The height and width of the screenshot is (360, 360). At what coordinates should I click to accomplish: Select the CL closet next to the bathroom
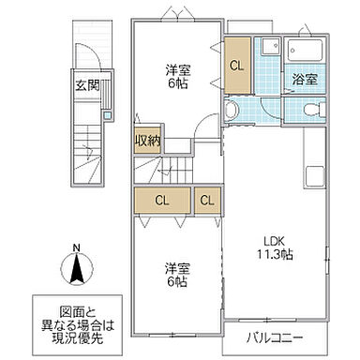(x=238, y=65)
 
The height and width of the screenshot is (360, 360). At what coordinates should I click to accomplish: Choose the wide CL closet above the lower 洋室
(x=161, y=200)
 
